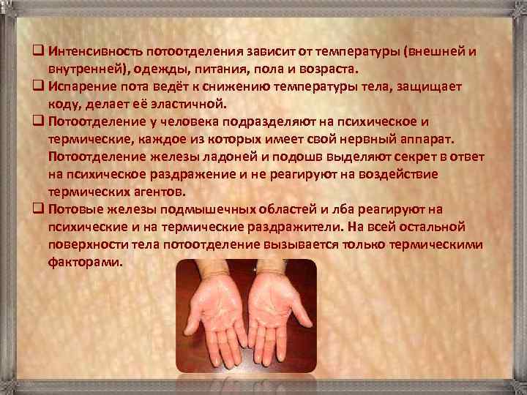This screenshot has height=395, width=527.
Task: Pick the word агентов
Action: [157, 192]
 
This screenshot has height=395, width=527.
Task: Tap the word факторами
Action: [84, 261]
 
